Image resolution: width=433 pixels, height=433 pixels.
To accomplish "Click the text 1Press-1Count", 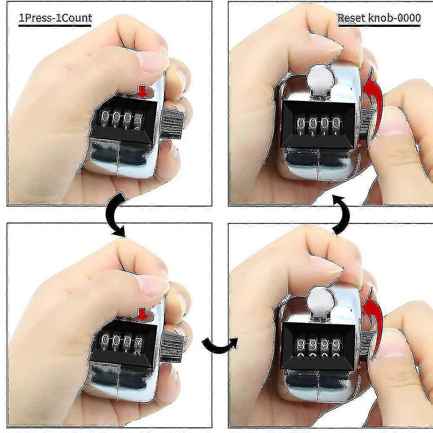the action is coord(55,18).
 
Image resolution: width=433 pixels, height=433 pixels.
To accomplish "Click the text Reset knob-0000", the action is coord(379,18).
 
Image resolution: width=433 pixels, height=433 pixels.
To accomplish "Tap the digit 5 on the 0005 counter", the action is coord(139,120).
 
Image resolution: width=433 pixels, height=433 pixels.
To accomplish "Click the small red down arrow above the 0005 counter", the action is coord(143,91).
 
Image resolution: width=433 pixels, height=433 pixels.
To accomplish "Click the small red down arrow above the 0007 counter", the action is coord(143,314).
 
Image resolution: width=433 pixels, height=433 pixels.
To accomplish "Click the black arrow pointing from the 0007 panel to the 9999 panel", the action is coord(220,346).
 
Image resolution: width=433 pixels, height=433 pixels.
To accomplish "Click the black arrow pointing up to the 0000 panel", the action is coord(343,214).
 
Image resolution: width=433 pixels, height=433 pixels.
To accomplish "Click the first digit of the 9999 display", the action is coord(301,346).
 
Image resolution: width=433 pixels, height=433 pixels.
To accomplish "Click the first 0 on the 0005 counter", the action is coord(105,118).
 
